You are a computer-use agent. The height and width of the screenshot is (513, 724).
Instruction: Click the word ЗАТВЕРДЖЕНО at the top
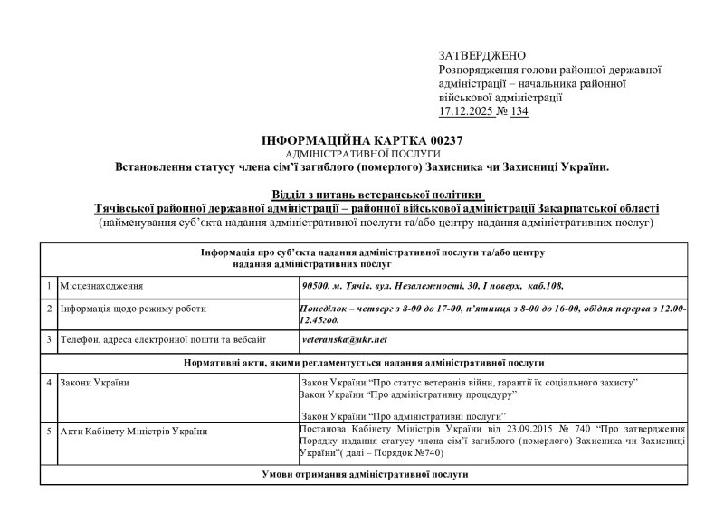pos(481,56)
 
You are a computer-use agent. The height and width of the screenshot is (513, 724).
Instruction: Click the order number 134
pos(519,111)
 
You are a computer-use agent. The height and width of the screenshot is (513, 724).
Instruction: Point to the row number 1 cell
pos(48,286)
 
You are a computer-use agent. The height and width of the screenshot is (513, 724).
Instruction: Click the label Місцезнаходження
pos(101,286)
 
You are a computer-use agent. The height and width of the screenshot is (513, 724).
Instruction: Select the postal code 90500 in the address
pos(315,286)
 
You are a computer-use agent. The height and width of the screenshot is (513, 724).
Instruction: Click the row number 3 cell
pos(48,339)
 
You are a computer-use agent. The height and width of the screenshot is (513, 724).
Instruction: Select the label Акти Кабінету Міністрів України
pos(134,430)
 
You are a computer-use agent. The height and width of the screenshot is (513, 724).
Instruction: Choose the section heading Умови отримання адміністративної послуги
pos(364,474)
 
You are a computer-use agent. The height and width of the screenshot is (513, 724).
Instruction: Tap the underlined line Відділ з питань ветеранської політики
pos(378,195)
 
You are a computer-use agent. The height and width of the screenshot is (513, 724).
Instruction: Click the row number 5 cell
pos(48,430)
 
